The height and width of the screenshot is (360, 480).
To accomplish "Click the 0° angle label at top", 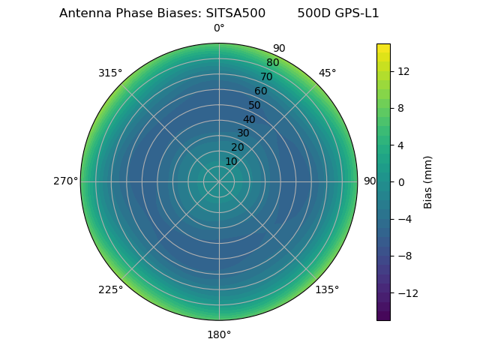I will [219, 28].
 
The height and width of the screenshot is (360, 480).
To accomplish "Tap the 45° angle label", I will [327, 73].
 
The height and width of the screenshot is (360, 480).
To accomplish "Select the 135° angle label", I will [327, 289].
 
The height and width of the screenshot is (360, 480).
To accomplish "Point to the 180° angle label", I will [219, 334].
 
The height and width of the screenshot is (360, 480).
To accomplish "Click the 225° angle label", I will [110, 289].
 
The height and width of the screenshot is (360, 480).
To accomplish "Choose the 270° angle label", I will [65, 181].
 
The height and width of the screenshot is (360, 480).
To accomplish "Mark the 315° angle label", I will [110, 73].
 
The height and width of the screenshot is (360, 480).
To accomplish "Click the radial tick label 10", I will [231, 161].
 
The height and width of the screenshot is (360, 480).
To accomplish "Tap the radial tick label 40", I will [249, 119].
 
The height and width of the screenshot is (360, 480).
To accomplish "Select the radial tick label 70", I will [266, 76].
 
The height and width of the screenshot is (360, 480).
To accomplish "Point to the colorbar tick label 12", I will [403, 71].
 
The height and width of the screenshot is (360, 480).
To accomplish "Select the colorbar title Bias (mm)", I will [428, 181].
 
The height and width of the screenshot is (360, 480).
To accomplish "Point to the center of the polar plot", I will [219, 181].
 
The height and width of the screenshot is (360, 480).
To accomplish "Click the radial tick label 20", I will [237, 147].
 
